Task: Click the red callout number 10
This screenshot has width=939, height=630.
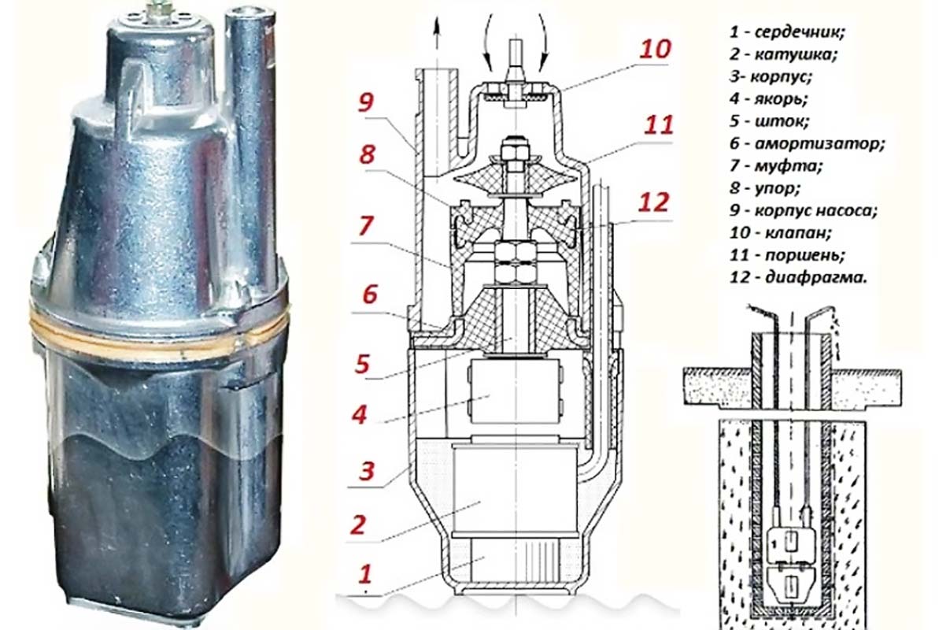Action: coord(654,49)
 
